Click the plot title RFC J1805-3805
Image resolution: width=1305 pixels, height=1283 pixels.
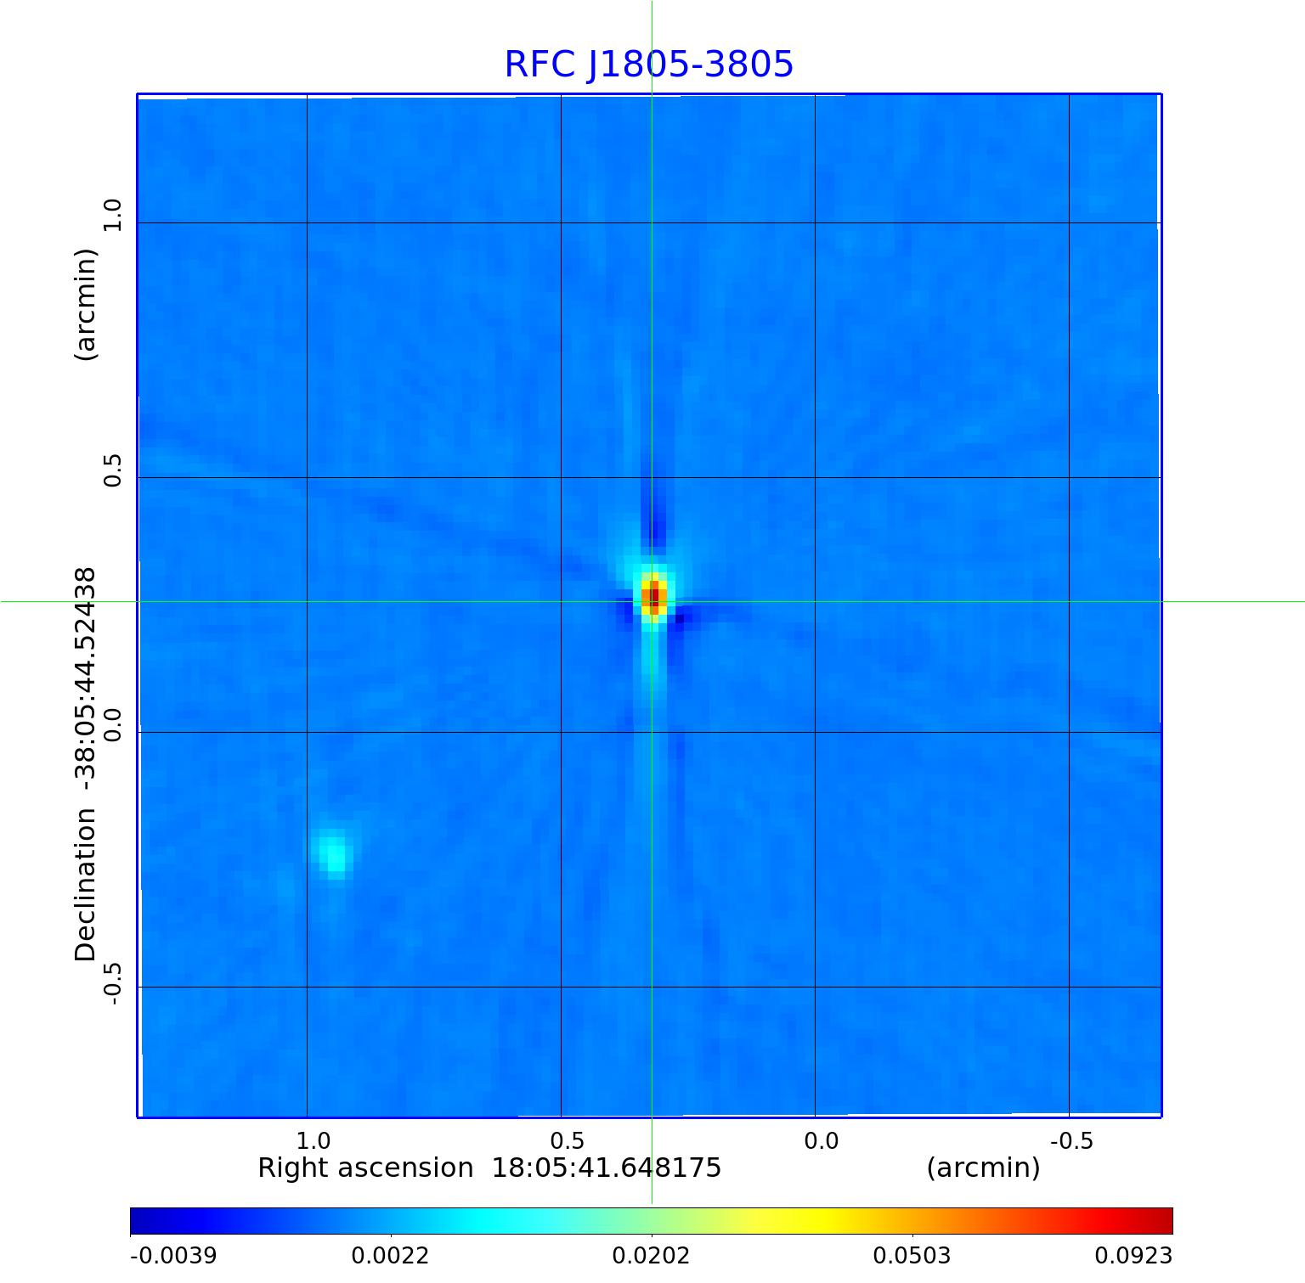(649, 65)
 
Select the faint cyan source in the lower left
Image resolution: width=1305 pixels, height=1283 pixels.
(335, 853)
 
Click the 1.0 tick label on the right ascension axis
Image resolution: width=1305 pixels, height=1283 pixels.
(314, 1140)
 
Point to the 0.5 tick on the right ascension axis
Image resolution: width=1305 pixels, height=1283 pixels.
(568, 1140)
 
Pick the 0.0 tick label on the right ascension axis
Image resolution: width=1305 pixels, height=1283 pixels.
(821, 1140)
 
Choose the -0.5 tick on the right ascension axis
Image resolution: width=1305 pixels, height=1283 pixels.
(1071, 1140)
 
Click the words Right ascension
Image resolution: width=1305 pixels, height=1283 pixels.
(365, 1168)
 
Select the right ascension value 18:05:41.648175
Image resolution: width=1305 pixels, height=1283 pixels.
(607, 1168)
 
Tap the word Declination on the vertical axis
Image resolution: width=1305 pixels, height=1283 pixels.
(86, 885)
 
